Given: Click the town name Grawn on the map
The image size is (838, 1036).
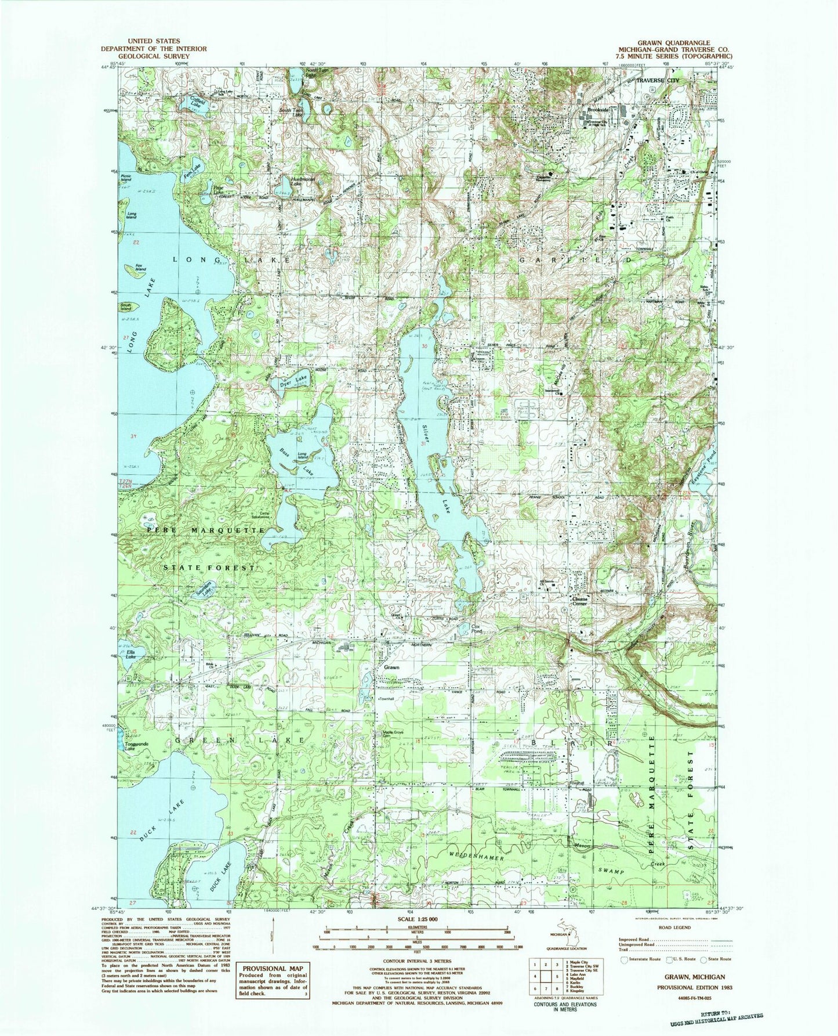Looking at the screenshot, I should click(x=391, y=667).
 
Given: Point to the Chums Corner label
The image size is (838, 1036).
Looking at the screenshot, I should click(x=580, y=601).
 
